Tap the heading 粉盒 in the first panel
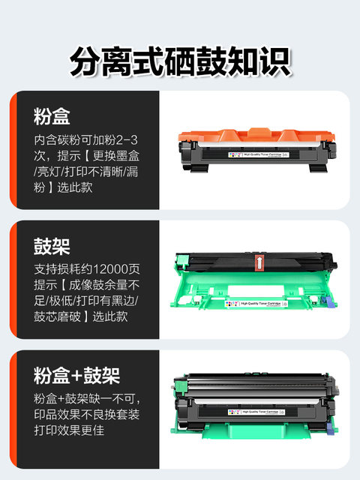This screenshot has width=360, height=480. (52, 117)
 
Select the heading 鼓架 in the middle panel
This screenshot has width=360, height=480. (52, 247)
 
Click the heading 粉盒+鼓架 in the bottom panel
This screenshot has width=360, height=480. (77, 376)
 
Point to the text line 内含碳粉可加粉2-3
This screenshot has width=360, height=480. (86, 140)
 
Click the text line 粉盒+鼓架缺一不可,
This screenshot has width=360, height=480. (85, 398)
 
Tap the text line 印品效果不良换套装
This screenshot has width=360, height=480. (86, 416)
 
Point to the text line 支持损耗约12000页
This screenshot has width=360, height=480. (86, 269)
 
